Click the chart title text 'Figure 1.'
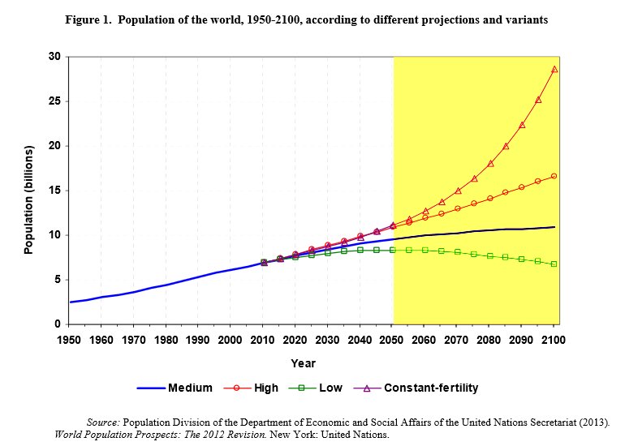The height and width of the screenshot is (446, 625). click(x=88, y=20)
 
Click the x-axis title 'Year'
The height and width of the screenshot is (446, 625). click(x=304, y=363)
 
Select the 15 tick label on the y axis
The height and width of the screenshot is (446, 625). click(x=54, y=191)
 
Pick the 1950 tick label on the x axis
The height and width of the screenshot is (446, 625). click(x=70, y=340)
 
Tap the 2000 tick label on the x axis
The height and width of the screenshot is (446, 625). click(x=231, y=340)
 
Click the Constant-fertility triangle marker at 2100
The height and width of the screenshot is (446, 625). click(x=554, y=70)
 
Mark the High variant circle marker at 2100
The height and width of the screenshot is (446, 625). click(x=554, y=176)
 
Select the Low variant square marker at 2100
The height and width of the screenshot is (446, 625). click(x=554, y=264)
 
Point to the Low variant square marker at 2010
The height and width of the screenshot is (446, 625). click(x=264, y=263)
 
